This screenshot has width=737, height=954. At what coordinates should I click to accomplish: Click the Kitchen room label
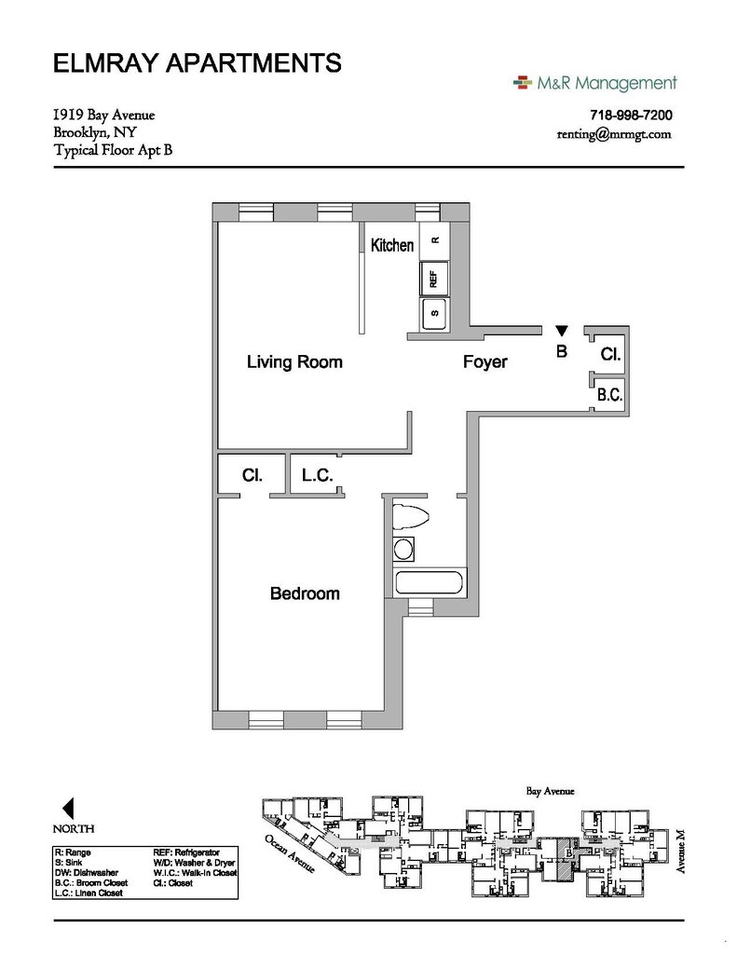pyautogui.click(x=392, y=246)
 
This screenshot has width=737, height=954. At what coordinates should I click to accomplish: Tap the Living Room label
pyautogui.click(x=294, y=361)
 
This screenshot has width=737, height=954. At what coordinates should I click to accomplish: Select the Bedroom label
pyautogui.click(x=305, y=593)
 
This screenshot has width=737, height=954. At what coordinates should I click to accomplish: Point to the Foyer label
pyautogui.click(x=485, y=361)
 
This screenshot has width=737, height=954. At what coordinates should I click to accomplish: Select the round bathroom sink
pyautogui.click(x=404, y=549)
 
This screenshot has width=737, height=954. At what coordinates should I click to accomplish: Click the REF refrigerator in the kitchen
pyautogui.click(x=434, y=278)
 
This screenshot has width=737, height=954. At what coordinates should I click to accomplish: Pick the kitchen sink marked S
pyautogui.click(x=434, y=314)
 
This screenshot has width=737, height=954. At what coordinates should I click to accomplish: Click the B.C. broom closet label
pyautogui.click(x=609, y=395)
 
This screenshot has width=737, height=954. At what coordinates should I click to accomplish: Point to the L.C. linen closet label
pyautogui.click(x=318, y=475)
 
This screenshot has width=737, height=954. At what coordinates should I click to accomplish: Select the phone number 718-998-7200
pyautogui.click(x=631, y=116)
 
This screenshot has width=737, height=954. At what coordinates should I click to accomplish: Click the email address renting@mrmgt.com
pyautogui.click(x=613, y=134)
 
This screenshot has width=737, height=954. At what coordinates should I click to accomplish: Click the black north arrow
pyautogui.click(x=67, y=807)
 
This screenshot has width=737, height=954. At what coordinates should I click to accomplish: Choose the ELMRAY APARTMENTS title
pyautogui.click(x=197, y=64)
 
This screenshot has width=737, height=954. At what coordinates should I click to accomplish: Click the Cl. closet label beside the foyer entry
pyautogui.click(x=610, y=355)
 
